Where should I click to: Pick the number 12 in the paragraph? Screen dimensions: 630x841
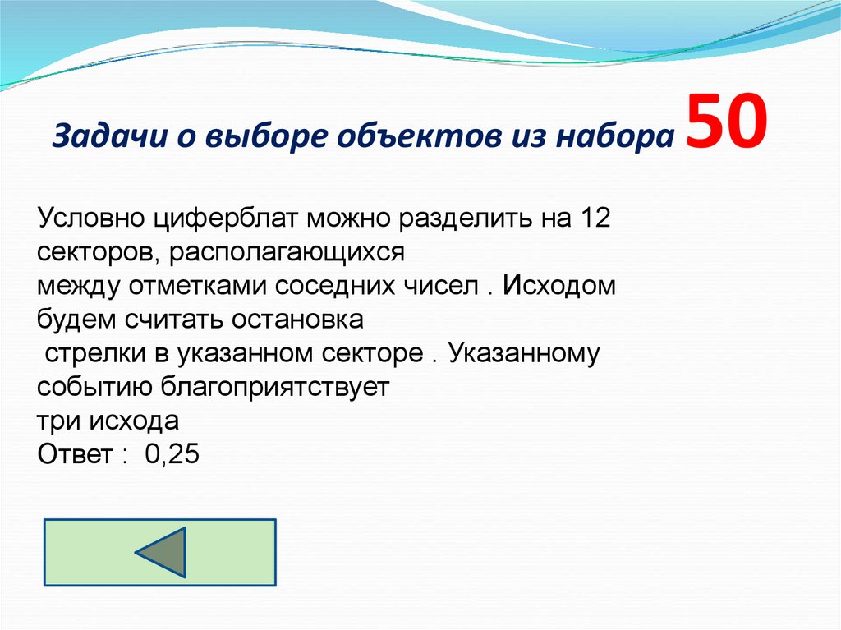pyautogui.click(x=595, y=219)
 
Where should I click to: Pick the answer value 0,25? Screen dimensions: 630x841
pyautogui.click(x=172, y=455)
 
